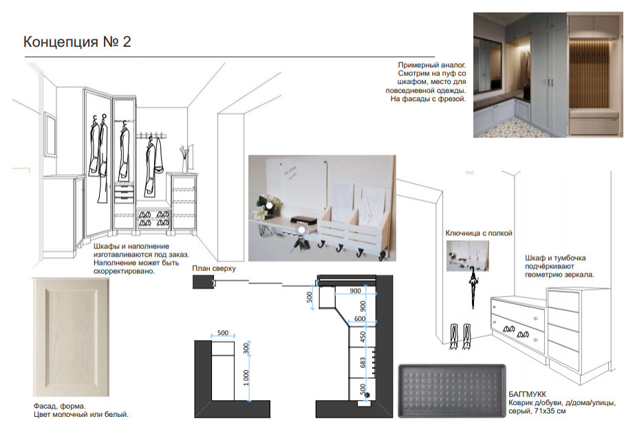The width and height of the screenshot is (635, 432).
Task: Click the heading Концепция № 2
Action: coord(77,42)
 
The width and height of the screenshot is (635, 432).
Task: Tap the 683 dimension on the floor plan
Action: coord(363,363)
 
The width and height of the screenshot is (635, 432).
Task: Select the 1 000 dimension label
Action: coord(246,378)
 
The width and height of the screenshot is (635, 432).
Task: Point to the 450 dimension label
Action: coord(363,337)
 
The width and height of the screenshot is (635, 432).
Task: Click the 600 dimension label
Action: coord(360,319)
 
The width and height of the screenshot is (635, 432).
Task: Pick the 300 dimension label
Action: coord(246,349)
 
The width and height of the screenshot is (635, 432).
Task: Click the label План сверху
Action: coord(214,268)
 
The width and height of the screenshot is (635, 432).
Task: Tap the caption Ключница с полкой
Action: coord(479,233)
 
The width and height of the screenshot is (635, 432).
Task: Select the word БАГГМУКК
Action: coord(527,394)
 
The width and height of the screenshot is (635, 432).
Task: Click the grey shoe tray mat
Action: coord(452,391)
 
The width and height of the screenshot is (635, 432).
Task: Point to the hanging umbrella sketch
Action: coord(473,288)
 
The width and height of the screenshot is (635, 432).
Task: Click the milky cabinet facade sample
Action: coord(72,337)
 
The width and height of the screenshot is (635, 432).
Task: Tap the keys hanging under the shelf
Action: coord(300,244)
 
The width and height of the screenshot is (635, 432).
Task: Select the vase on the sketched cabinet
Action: coord(184,160)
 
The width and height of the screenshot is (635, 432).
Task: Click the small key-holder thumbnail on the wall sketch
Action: coord(467,256)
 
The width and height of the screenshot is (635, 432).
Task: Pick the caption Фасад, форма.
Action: coord(60,406)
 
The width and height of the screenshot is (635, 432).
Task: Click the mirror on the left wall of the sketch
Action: coord(50,134)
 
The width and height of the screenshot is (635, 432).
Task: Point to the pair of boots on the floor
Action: coord(460,336)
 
